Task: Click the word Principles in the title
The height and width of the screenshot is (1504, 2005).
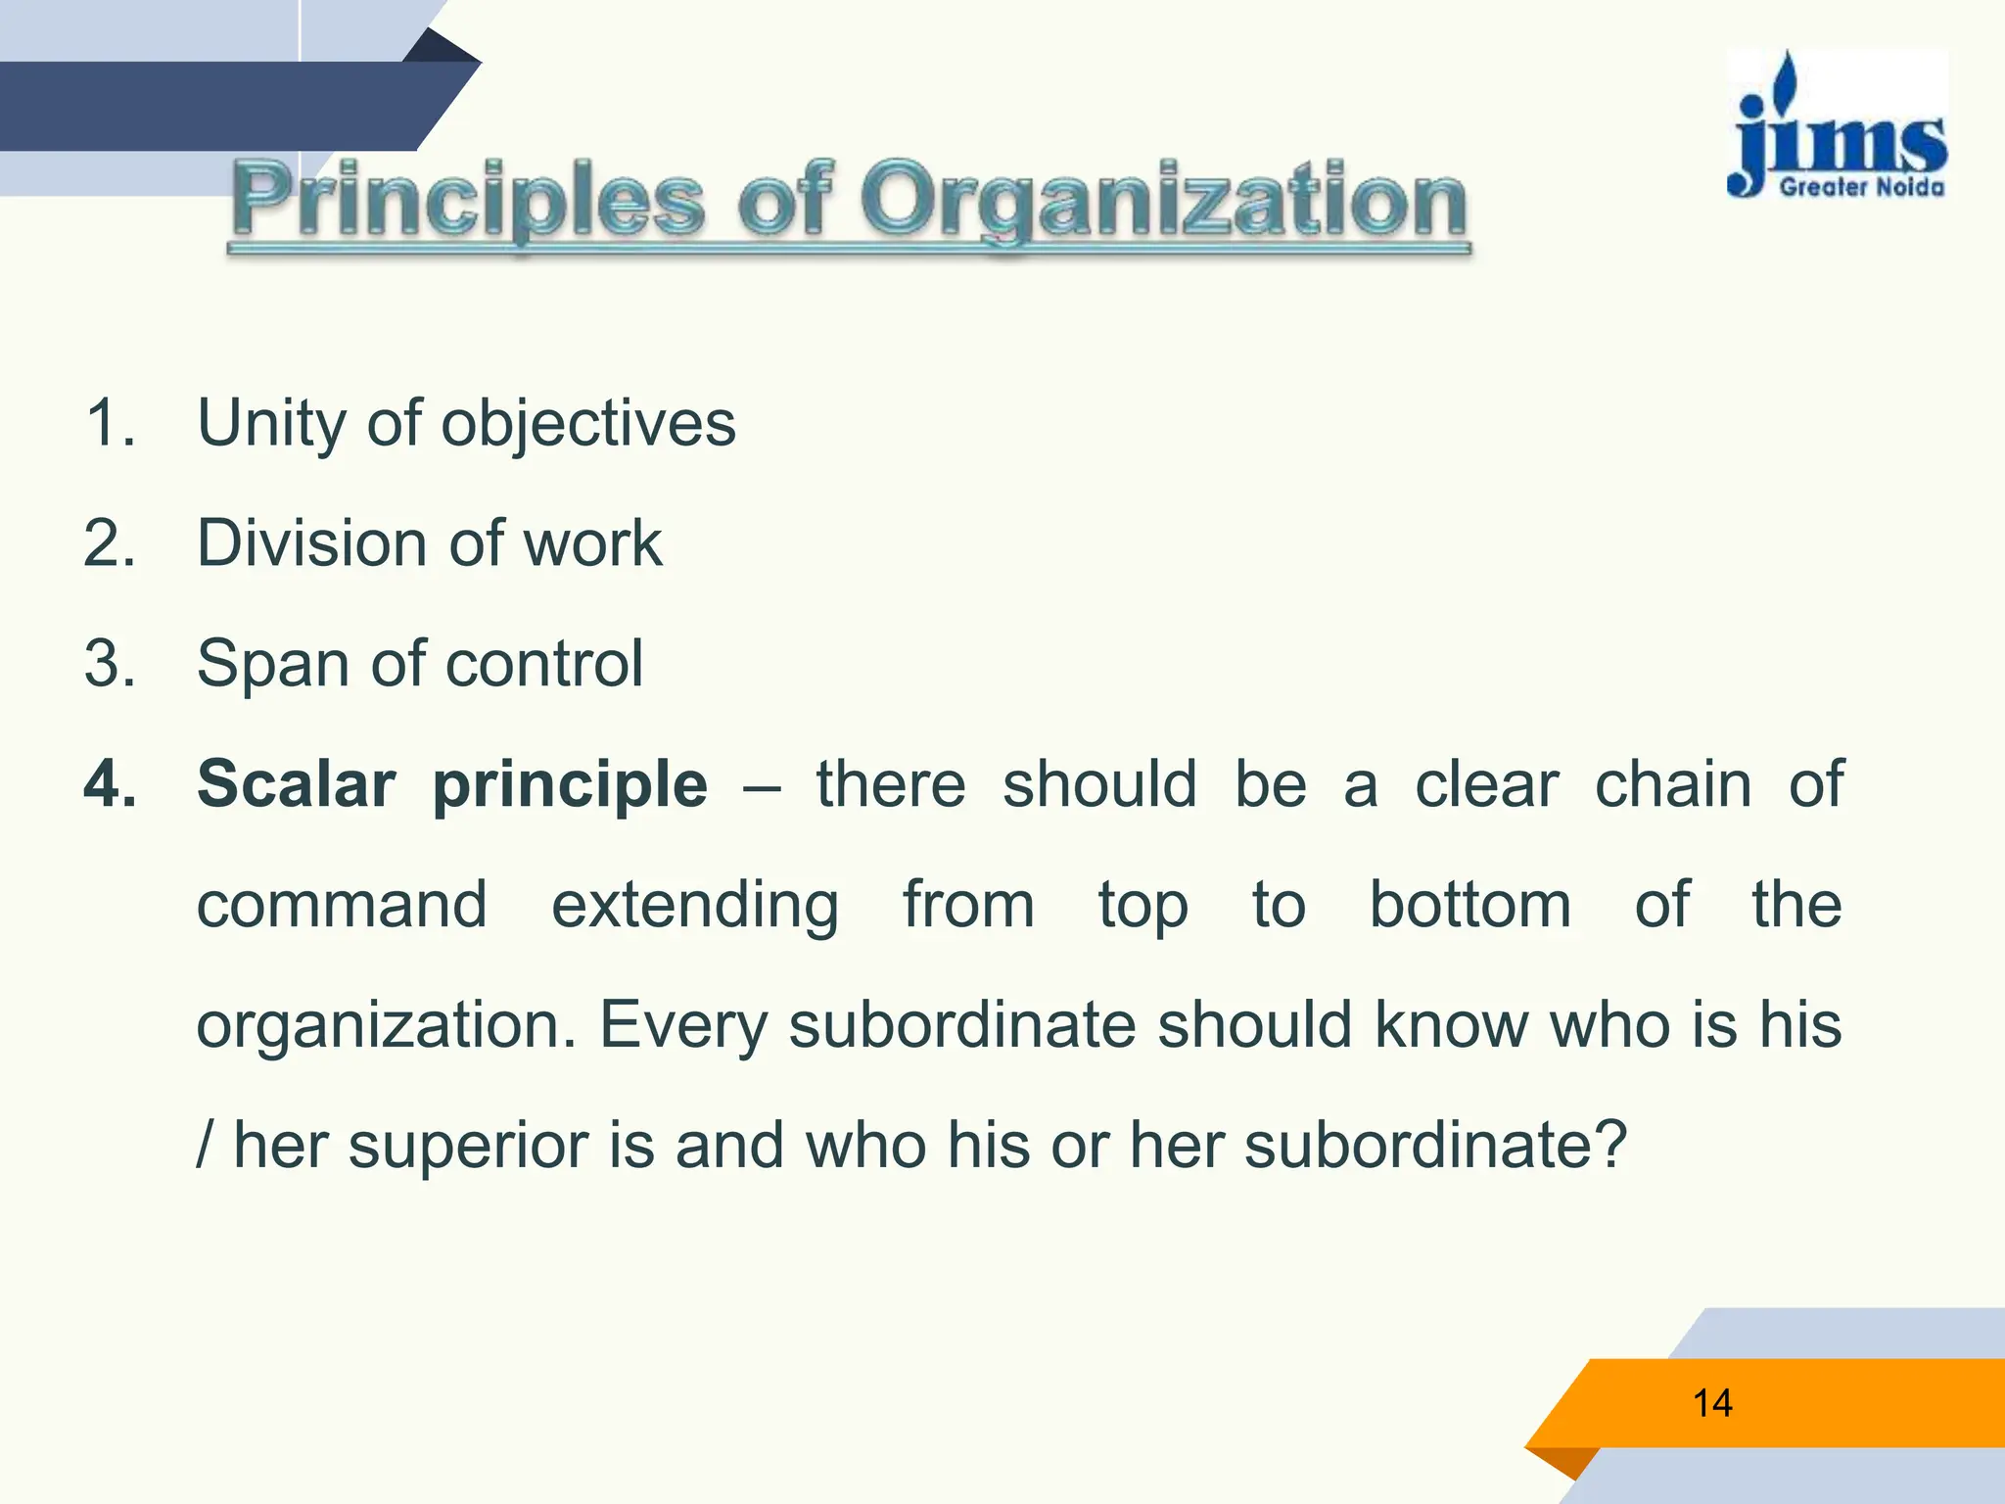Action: (x=468, y=201)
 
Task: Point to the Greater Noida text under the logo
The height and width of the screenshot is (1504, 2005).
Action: (x=1861, y=186)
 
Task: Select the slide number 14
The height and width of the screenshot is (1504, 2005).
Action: (x=1712, y=1403)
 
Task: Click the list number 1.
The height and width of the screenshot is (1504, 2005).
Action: (x=109, y=423)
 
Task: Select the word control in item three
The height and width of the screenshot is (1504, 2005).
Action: (x=544, y=664)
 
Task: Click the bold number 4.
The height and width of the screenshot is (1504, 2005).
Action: (x=109, y=784)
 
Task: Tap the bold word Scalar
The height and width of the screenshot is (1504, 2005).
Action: (x=297, y=784)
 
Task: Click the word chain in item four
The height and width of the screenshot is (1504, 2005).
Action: (x=1673, y=784)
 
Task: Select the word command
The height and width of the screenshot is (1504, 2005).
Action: (x=342, y=905)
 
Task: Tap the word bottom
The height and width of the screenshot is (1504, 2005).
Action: (x=1469, y=905)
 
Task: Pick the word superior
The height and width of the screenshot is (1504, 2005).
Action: (x=468, y=1147)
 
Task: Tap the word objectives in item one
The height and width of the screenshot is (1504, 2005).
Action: (x=588, y=425)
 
